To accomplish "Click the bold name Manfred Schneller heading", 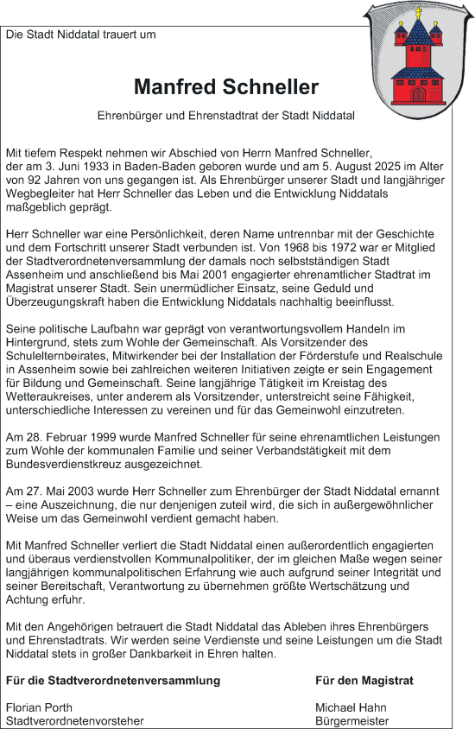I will click(x=226, y=87).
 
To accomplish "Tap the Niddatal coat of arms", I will click(x=418, y=60).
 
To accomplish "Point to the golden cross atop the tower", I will click(x=419, y=13).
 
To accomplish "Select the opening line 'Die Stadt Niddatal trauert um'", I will click(x=81, y=35).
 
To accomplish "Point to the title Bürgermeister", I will click(x=351, y=721).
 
